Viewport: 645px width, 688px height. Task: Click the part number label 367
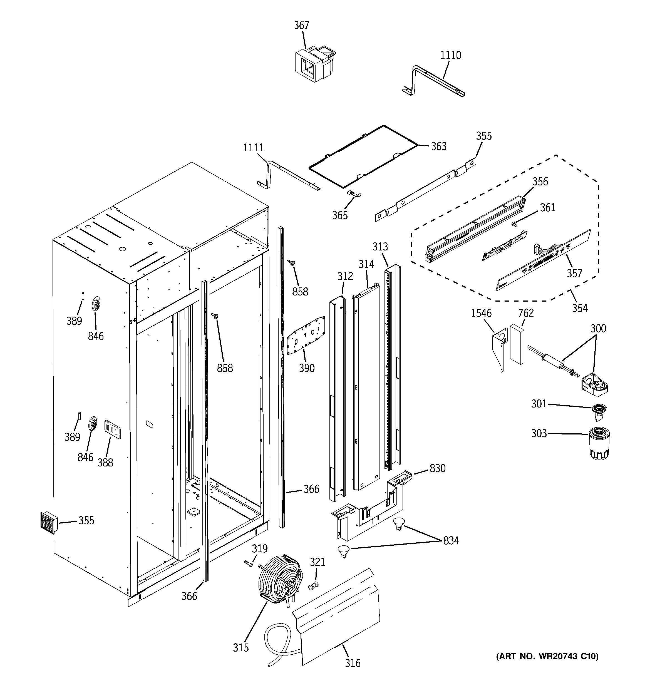[301, 25]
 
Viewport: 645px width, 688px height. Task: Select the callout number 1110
[450, 55]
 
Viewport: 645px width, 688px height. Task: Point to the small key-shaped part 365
[353, 194]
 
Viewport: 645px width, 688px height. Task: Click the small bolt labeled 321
[313, 586]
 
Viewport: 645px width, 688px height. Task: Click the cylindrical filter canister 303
[599, 443]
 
